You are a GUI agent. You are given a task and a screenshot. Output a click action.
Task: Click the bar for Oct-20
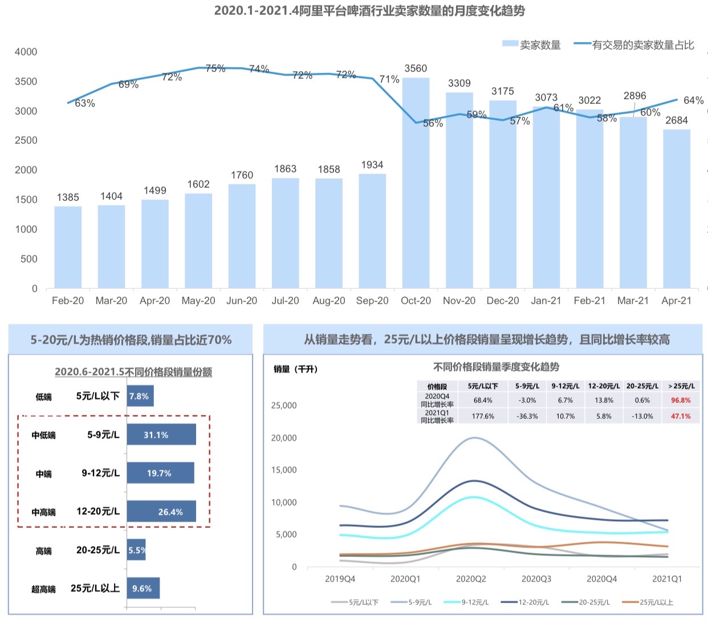click(x=416, y=183)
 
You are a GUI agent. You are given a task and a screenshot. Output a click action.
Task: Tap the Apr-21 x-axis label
click(x=676, y=301)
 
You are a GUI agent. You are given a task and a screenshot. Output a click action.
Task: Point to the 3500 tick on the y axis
click(x=26, y=82)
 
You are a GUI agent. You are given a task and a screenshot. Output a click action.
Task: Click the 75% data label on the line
click(x=215, y=68)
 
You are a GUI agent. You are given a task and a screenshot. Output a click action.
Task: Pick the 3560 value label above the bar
click(x=416, y=68)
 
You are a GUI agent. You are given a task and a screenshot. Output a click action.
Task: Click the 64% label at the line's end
click(x=693, y=100)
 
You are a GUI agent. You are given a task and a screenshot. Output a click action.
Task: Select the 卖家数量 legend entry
click(x=532, y=45)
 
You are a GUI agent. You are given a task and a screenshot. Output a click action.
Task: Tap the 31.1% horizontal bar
click(x=161, y=435)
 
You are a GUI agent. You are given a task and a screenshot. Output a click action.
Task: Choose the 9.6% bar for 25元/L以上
click(x=143, y=588)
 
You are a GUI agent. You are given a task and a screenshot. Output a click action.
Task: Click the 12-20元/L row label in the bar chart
click(x=98, y=511)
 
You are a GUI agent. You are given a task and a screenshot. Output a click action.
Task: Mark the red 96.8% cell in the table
click(x=681, y=400)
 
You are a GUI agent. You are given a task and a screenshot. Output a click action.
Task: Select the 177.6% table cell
click(x=483, y=416)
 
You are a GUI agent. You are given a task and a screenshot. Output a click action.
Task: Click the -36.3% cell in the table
click(x=527, y=416)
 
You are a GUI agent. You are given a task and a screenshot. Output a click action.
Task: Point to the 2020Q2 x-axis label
click(x=471, y=579)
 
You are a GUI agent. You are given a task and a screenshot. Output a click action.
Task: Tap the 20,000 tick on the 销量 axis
click(x=283, y=438)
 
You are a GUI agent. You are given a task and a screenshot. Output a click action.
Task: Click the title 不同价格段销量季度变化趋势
click(x=496, y=367)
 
